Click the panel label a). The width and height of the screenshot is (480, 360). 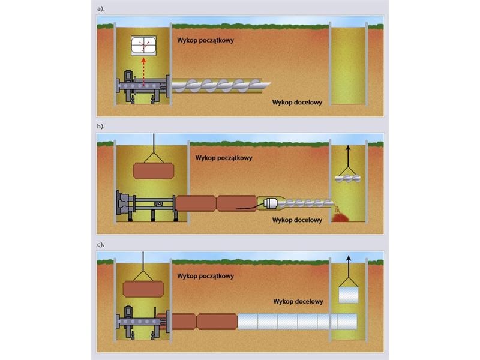pyautogui.click(x=101, y=9)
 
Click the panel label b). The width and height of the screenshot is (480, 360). pyautogui.click(x=101, y=126)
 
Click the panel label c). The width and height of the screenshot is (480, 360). pyautogui.click(x=101, y=245)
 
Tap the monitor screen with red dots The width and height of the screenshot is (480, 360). pyautogui.click(x=143, y=46)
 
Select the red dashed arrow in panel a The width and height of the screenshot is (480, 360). pyautogui.click(x=143, y=71)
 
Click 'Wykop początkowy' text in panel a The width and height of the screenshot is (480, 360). pyautogui.click(x=205, y=40)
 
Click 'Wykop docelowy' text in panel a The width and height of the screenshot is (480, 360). pyautogui.click(x=297, y=102)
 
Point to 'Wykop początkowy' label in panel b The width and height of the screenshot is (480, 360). pyautogui.click(x=224, y=158)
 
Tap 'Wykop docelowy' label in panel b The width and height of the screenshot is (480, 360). pyautogui.click(x=297, y=220)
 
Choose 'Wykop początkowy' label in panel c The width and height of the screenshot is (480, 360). pyautogui.click(x=205, y=276)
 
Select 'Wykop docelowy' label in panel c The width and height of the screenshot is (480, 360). pyautogui.click(x=298, y=302)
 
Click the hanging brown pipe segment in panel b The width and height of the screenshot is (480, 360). pyautogui.click(x=154, y=171)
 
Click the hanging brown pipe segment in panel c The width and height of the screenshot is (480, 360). pyautogui.click(x=143, y=289)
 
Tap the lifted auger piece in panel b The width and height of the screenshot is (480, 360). pyautogui.click(x=348, y=178)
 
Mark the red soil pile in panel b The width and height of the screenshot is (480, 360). pyautogui.click(x=341, y=218)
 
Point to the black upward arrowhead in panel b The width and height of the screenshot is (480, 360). pyautogui.click(x=348, y=148)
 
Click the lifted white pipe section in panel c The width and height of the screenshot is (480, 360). pyautogui.click(x=349, y=295)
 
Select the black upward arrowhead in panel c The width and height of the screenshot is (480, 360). pyautogui.click(x=349, y=258)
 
